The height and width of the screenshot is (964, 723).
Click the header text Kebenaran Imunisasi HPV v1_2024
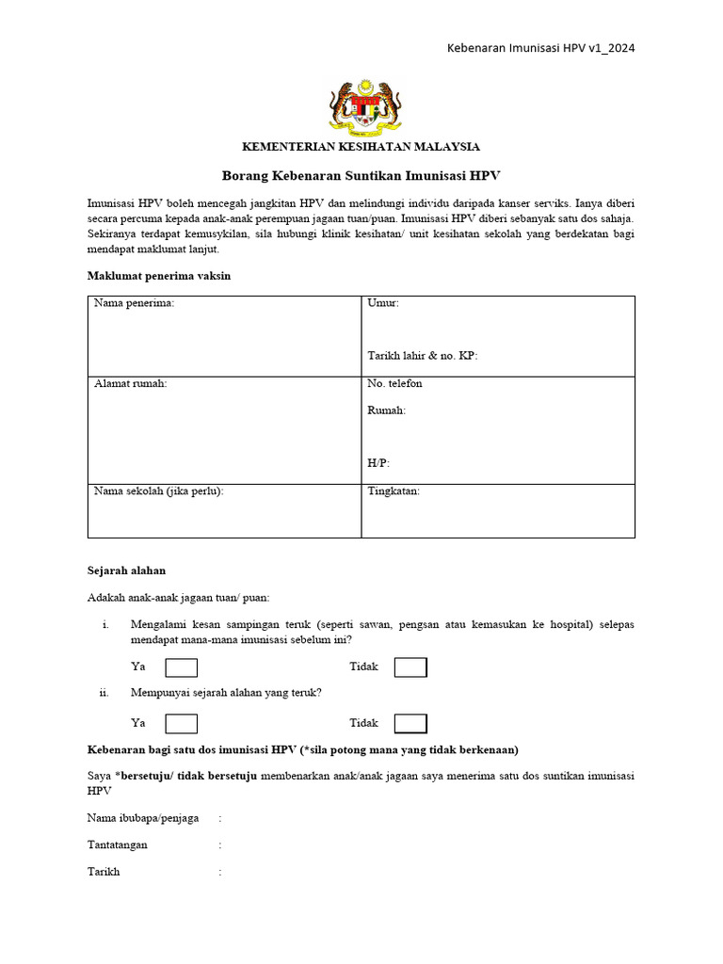(x=539, y=48)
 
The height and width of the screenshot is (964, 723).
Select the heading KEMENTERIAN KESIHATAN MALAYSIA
(x=361, y=147)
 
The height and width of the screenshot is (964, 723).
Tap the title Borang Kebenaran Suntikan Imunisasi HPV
(x=361, y=176)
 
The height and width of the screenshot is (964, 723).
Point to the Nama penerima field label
(x=134, y=303)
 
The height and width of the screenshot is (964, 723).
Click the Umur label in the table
(x=383, y=303)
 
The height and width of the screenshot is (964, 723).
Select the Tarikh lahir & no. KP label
(x=422, y=356)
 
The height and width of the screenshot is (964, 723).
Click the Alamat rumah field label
(x=130, y=384)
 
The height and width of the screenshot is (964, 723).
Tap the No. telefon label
(x=394, y=384)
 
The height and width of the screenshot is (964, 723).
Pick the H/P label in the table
(x=378, y=463)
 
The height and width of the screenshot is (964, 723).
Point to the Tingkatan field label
(x=394, y=491)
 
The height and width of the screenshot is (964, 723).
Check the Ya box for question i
(x=182, y=667)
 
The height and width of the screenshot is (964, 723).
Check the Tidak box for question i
(x=410, y=667)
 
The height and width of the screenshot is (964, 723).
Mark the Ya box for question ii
(x=182, y=723)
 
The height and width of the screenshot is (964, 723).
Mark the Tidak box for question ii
(x=410, y=723)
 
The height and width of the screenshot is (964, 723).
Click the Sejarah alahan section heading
(x=126, y=570)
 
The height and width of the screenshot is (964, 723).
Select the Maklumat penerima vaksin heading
(x=158, y=276)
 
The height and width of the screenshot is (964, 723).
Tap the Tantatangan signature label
(x=118, y=845)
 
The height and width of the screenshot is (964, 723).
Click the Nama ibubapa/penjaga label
(x=143, y=819)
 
